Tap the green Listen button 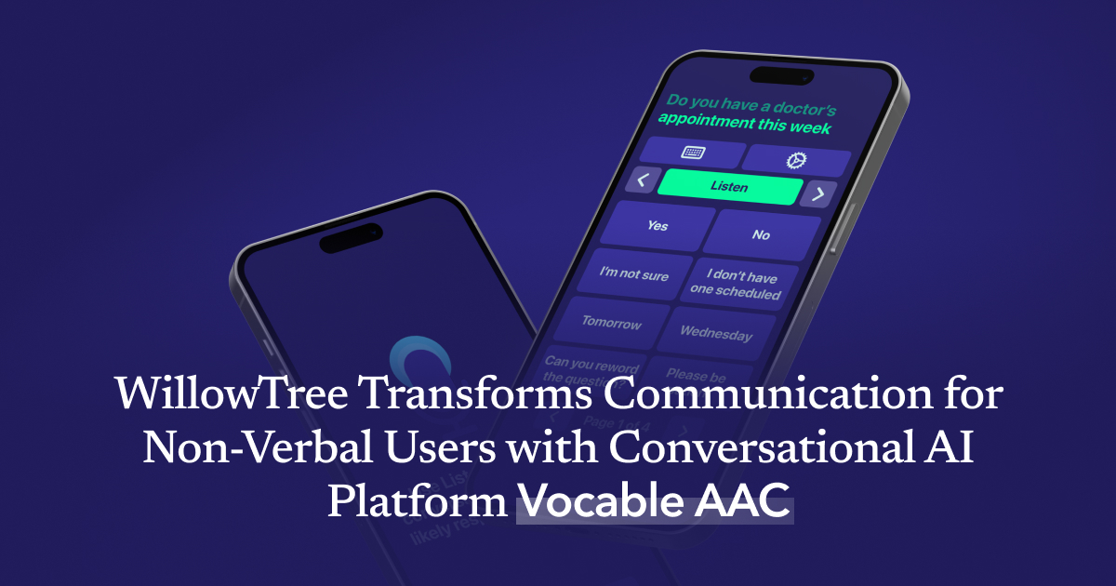point(729,187)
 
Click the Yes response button point(658,226)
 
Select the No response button point(761,235)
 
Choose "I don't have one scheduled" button point(736,285)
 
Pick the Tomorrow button point(611,323)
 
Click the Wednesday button point(715,333)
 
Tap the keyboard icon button point(693,153)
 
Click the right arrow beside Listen point(817,194)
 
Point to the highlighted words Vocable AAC point(655,504)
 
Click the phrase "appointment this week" point(744,124)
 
